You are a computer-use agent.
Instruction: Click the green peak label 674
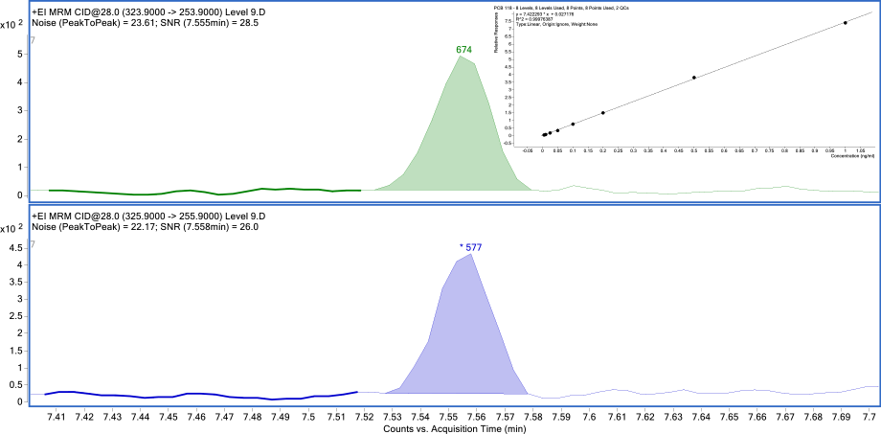464,49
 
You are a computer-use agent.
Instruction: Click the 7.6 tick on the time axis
589,418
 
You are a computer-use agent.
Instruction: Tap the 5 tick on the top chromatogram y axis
21,55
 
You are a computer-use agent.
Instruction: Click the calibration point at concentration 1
846,23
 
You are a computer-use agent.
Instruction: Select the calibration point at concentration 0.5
694,78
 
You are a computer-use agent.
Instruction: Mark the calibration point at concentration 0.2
603,113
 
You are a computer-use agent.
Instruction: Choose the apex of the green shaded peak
461,57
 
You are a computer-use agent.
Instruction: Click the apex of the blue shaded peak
470,254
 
